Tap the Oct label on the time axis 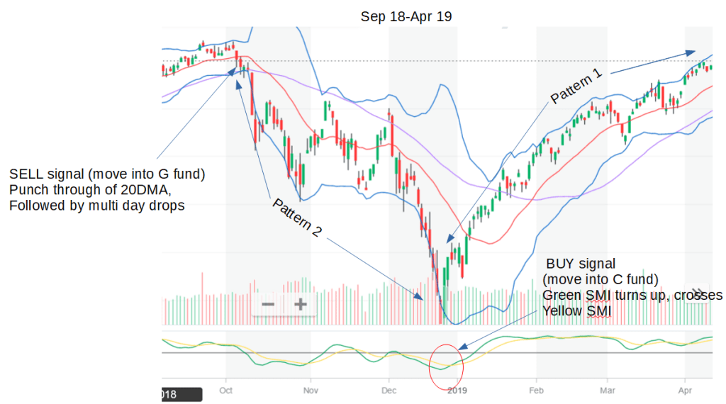tap(226, 390)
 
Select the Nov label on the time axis tap(309, 390)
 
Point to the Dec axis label tap(389, 390)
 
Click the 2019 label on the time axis tap(457, 390)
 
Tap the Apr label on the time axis tap(685, 390)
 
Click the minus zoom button tap(268, 305)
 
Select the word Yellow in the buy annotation tap(561, 310)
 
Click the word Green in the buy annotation tap(561, 295)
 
